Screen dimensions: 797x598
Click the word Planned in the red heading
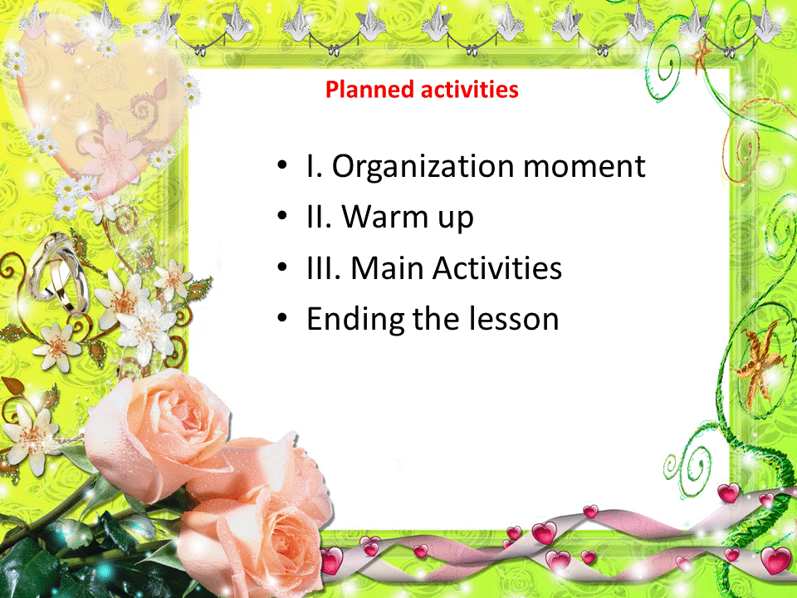pos(369,90)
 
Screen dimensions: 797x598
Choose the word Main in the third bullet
pos(388,268)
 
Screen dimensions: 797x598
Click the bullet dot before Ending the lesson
pos(282,318)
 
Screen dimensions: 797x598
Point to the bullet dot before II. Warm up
pos(282,216)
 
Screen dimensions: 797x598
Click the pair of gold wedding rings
pos(57,273)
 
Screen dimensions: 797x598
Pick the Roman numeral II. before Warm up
pos(319,217)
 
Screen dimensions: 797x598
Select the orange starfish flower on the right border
pos(760,364)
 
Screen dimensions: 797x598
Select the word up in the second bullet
pos(456,218)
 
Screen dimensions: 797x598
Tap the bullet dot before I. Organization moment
pos(282,165)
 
